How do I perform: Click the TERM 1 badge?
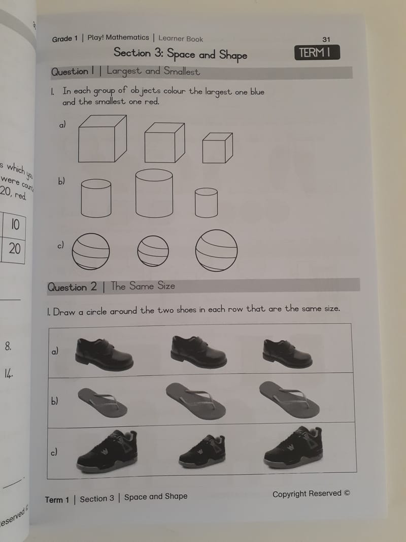(x=317, y=53)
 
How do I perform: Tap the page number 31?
(x=326, y=40)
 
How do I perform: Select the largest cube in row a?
(x=102, y=139)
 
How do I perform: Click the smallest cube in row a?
(x=217, y=148)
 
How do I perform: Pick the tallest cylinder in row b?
(x=154, y=194)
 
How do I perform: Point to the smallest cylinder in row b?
(x=206, y=202)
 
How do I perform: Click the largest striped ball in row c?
(x=216, y=250)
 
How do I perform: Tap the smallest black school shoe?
(x=287, y=354)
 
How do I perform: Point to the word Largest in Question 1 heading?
(x=124, y=72)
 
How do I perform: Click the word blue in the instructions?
(x=257, y=92)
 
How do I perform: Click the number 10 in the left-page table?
(x=15, y=225)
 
